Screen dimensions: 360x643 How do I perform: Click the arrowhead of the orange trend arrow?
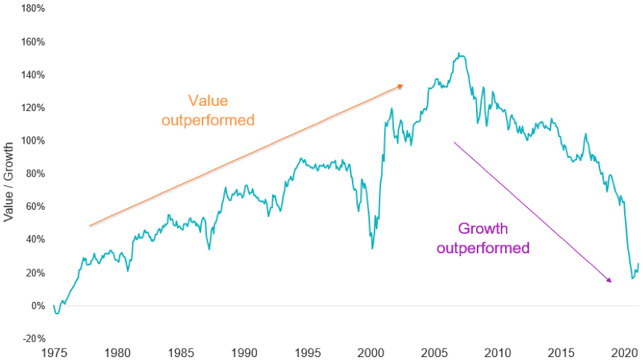pos(401,86)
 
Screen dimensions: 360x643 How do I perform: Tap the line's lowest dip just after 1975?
pos(57,313)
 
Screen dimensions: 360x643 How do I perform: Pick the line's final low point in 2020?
pos(632,279)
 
